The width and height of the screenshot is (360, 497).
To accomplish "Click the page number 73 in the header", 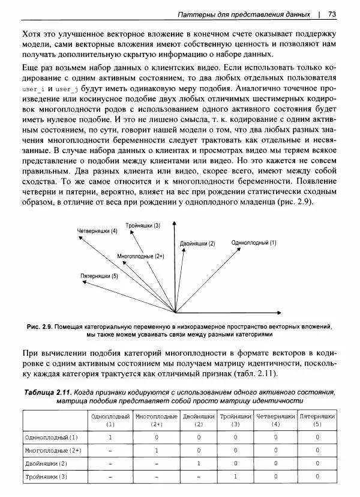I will pyautogui.click(x=332, y=14).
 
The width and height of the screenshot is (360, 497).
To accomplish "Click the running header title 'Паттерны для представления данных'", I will pyautogui.click(x=244, y=14).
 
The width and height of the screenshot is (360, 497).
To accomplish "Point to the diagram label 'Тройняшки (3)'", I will pyautogui.click(x=143, y=226).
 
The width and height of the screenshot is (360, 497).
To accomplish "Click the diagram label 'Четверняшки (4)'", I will pyautogui.click(x=97, y=231).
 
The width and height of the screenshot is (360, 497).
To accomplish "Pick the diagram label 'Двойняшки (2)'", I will pyautogui.click(x=197, y=244).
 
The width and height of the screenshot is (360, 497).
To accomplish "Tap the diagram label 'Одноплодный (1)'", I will pyautogui.click(x=254, y=243).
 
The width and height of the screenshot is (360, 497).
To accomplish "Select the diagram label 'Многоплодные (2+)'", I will pyautogui.click(x=141, y=256).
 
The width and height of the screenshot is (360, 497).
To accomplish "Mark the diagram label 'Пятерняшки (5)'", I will pyautogui.click(x=100, y=276).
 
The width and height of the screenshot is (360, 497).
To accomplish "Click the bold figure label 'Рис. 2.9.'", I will pyautogui.click(x=40, y=327).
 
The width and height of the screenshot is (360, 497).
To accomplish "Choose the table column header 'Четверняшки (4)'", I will pyautogui.click(x=275, y=420).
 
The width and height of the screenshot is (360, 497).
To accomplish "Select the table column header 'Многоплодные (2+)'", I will pyautogui.click(x=156, y=420).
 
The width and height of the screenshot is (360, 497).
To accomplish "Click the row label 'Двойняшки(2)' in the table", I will pyautogui.click(x=46, y=463).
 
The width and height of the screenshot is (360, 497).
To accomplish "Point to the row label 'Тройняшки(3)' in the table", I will pyautogui.click(x=46, y=477).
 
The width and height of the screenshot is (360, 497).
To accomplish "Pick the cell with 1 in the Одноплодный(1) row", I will pyautogui.click(x=110, y=437).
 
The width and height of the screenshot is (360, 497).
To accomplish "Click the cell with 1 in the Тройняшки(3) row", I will pyautogui.click(x=235, y=477).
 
